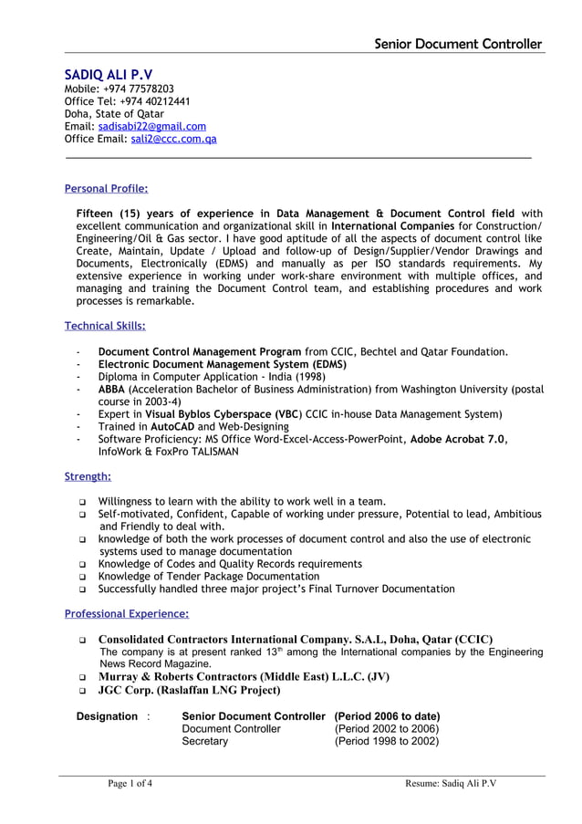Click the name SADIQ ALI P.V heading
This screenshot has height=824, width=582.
click(109, 74)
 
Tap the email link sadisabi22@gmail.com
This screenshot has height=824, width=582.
click(151, 127)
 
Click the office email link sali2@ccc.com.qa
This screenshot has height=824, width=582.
click(173, 140)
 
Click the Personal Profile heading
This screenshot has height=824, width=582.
click(106, 189)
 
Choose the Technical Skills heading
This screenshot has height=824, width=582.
click(105, 326)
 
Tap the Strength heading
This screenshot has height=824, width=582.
click(88, 476)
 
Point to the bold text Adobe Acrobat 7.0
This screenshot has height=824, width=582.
click(457, 439)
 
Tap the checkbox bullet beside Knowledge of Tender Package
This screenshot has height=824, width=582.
click(83, 578)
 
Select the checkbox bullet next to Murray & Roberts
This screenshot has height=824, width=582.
click(83, 678)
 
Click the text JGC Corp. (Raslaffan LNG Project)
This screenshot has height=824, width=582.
click(189, 691)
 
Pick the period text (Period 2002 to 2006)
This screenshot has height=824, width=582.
click(387, 729)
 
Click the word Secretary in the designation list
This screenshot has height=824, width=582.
click(204, 742)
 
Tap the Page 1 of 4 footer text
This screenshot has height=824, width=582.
click(130, 784)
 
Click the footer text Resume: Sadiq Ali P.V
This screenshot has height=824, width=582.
click(451, 784)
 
